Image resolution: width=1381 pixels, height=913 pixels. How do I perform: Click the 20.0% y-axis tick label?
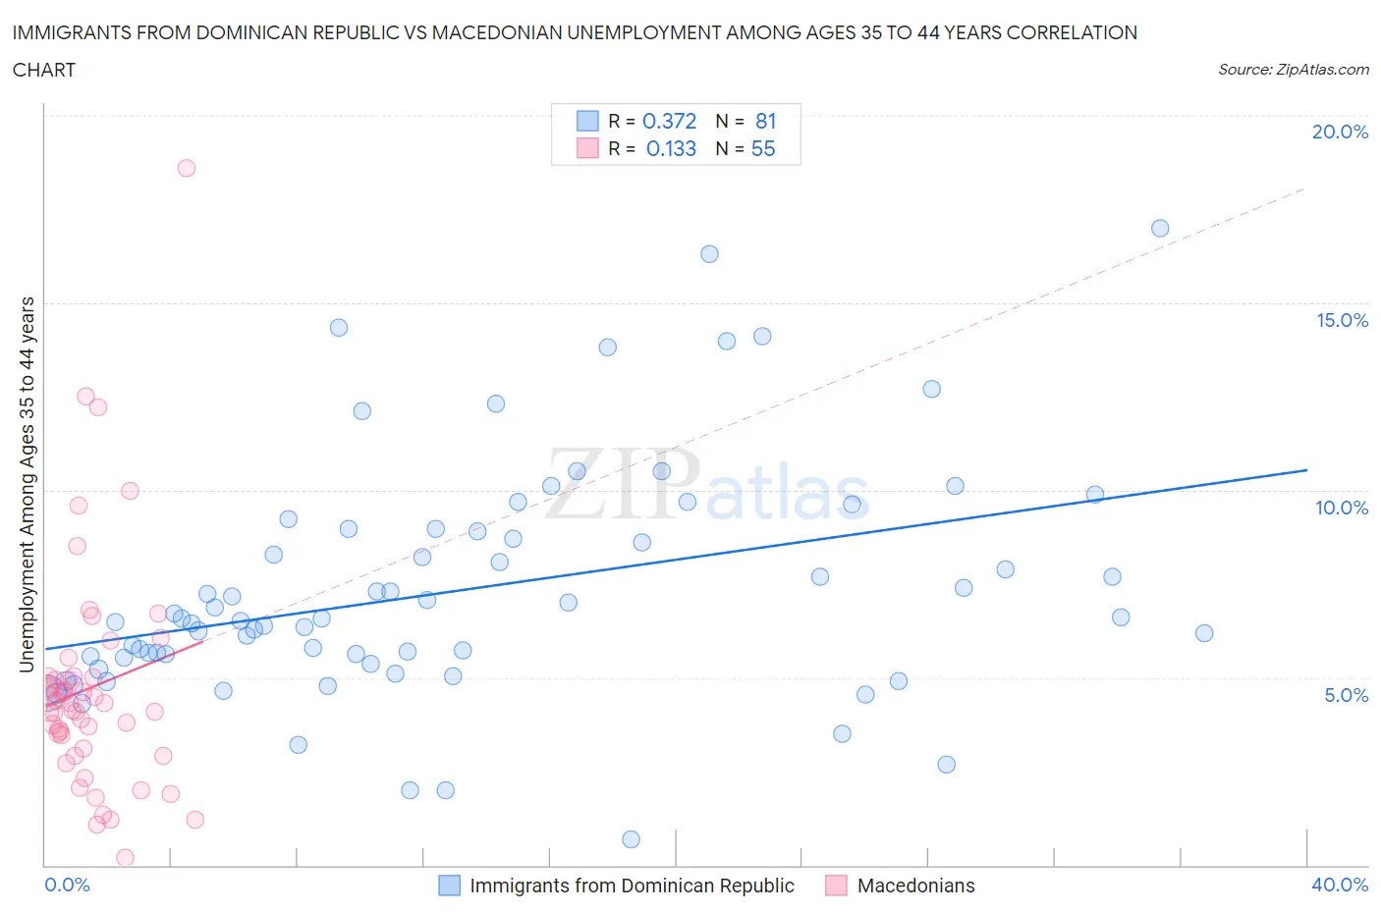point(1340,132)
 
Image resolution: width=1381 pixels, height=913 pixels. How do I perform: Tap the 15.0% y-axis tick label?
point(1342,320)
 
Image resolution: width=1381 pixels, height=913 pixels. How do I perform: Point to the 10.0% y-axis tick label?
point(1342,508)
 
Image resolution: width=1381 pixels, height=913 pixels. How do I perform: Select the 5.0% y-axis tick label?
point(1346,695)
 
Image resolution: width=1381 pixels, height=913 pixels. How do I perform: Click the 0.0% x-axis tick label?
point(67,885)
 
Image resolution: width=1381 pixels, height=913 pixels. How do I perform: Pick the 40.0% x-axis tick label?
point(1340,885)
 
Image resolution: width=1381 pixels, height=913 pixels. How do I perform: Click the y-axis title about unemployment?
point(27,484)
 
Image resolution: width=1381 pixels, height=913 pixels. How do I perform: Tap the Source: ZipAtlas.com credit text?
point(1293,70)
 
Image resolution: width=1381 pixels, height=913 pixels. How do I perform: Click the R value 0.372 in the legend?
point(669,121)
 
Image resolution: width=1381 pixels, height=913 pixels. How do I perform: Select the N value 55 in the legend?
point(763,148)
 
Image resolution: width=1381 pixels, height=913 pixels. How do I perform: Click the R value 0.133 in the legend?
point(671,148)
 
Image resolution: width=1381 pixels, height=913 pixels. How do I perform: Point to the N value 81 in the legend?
point(766,121)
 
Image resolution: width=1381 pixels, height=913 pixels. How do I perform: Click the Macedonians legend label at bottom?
point(915,886)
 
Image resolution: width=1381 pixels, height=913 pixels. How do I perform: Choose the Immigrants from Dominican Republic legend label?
point(632,886)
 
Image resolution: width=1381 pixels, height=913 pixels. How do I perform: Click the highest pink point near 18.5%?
point(187,168)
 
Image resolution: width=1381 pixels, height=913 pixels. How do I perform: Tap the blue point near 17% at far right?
point(1160,228)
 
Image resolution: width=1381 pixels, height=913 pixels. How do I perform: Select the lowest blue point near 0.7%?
point(631,839)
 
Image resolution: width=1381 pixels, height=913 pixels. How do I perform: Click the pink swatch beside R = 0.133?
point(587,148)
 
